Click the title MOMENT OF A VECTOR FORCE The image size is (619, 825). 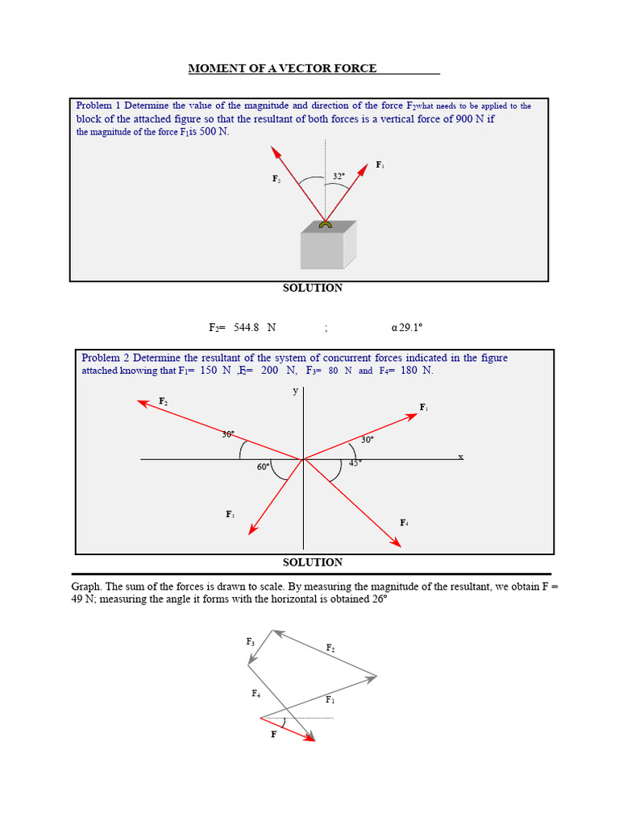point(282,68)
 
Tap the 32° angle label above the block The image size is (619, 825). point(339,176)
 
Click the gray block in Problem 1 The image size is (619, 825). point(329,245)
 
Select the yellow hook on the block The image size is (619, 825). point(326,225)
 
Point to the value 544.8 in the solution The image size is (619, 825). point(247,327)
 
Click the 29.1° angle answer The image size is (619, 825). point(410,327)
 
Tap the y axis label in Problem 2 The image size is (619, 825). point(295,391)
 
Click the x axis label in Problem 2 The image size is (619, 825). point(460,457)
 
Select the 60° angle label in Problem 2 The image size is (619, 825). point(263,466)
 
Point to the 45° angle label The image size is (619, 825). point(355,463)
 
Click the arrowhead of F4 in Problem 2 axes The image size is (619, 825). point(396,542)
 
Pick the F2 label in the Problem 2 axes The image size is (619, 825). point(163,401)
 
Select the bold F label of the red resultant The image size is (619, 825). point(273,735)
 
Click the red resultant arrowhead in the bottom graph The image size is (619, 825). point(309,738)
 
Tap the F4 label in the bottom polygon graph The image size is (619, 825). point(255,694)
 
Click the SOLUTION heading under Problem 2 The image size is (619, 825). point(313,562)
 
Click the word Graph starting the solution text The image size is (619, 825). point(86,587)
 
